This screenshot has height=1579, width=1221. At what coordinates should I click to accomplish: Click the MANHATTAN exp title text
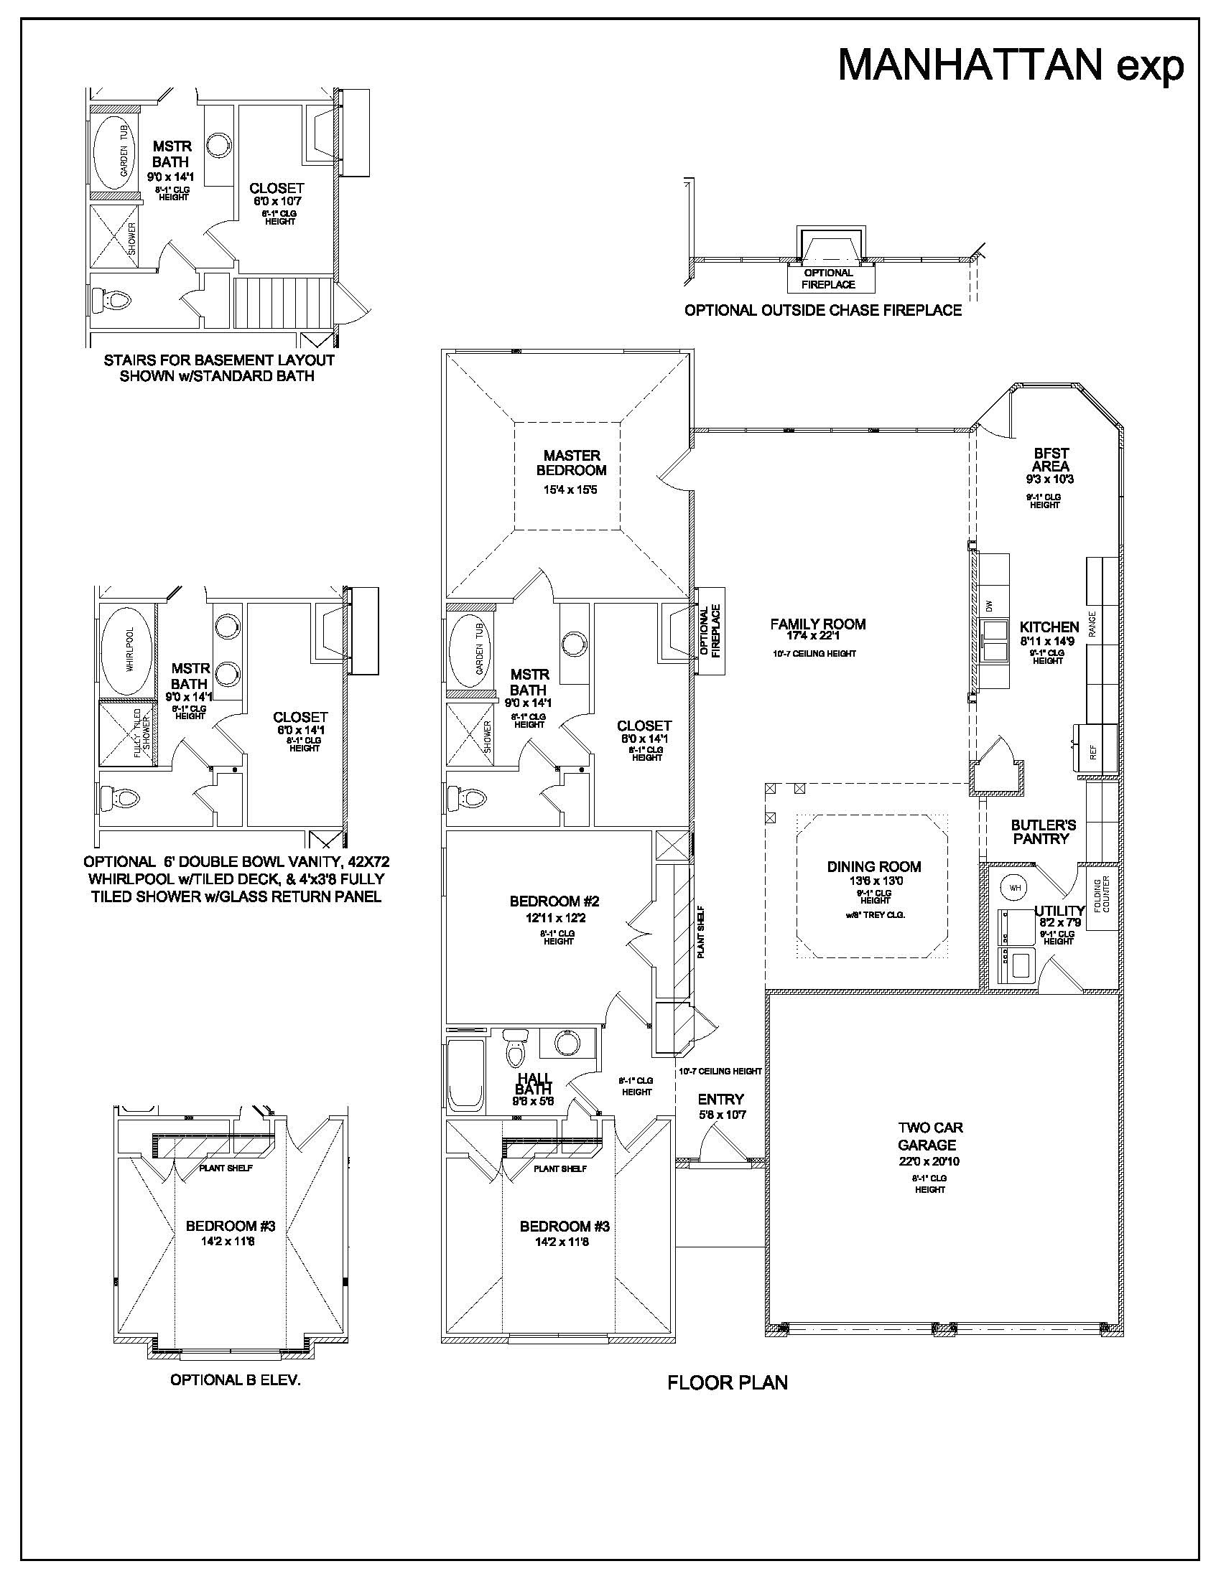[1011, 66]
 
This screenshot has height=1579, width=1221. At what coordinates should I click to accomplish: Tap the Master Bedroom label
[572, 463]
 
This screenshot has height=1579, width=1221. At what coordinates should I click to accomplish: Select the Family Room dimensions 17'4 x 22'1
[817, 636]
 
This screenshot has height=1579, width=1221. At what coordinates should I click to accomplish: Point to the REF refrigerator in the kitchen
[1093, 752]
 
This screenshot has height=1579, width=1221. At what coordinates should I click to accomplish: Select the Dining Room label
[874, 866]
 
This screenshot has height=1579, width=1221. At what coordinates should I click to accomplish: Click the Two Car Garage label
[929, 1136]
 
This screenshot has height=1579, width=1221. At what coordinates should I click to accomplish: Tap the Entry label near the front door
[720, 1099]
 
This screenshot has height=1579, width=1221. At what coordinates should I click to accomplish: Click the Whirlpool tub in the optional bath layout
[126, 660]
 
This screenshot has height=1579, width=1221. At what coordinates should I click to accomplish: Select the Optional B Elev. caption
[235, 1379]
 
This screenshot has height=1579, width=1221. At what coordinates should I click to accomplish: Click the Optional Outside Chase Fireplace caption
[823, 311]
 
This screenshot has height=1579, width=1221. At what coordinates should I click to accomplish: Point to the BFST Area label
[1050, 460]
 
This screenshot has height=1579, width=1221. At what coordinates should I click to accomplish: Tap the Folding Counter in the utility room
[1102, 895]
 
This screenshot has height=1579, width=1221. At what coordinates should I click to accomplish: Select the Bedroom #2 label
[554, 901]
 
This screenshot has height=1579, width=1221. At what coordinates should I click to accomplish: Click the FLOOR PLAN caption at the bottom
[727, 1382]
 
